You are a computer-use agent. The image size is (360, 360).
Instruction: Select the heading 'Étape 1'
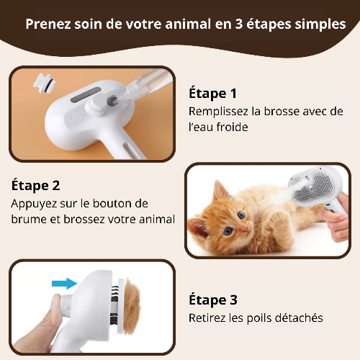coord(212,93)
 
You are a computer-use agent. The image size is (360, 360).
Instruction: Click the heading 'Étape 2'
coord(35,185)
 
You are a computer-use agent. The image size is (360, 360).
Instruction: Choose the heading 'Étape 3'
coord(212,300)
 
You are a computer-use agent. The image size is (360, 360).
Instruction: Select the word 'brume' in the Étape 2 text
coord(28,219)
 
